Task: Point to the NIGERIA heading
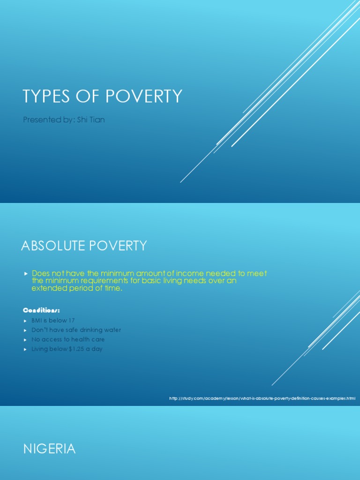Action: point(49,449)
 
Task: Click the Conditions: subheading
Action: point(42,311)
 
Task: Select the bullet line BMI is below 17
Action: point(53,321)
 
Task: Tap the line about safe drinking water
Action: point(76,330)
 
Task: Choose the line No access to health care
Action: point(68,339)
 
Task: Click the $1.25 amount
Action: point(76,349)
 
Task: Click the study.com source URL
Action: point(262,398)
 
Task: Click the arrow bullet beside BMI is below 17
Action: point(26,321)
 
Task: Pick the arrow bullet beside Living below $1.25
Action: point(26,349)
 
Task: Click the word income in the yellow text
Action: point(187,273)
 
